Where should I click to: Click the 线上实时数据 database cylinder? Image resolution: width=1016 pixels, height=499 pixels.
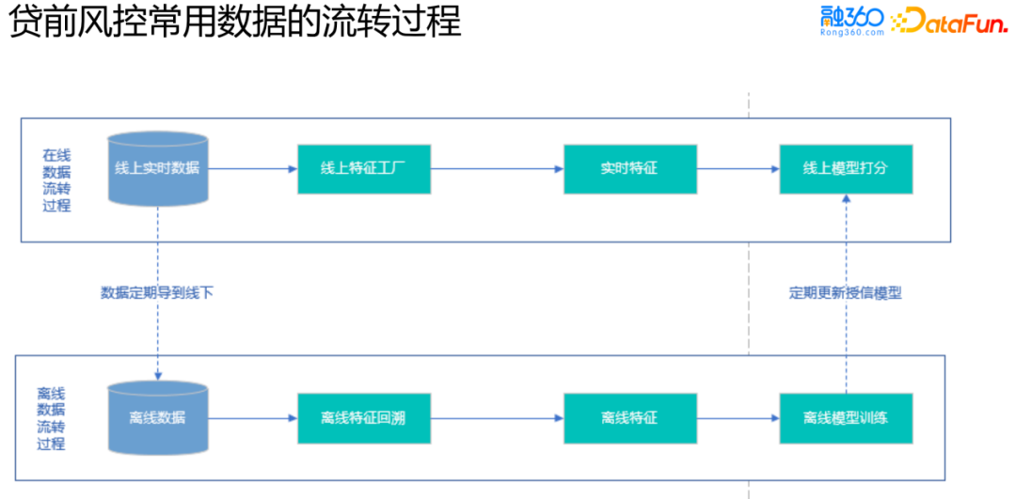157,169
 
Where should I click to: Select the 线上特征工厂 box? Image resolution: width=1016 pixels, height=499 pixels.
364,169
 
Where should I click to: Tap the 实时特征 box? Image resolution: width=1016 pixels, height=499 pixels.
629,169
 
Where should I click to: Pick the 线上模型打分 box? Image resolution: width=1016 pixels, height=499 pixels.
846,169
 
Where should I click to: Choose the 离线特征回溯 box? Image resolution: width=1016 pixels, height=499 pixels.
364,417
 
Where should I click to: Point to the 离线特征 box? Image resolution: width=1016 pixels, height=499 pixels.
629,417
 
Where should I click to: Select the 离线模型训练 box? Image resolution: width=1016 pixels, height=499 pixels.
846,417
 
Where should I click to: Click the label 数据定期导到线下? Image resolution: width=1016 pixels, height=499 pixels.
157,292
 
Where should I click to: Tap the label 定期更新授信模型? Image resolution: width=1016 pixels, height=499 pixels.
845,292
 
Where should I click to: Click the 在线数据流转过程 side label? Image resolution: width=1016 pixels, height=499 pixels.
56,179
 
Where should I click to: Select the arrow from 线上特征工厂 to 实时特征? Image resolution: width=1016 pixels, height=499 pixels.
497,169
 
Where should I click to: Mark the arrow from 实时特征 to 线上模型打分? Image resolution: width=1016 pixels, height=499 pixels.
738,169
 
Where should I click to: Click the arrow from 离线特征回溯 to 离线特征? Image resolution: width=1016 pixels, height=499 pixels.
497,417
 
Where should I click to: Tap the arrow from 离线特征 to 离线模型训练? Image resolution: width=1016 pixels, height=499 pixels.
738,417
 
